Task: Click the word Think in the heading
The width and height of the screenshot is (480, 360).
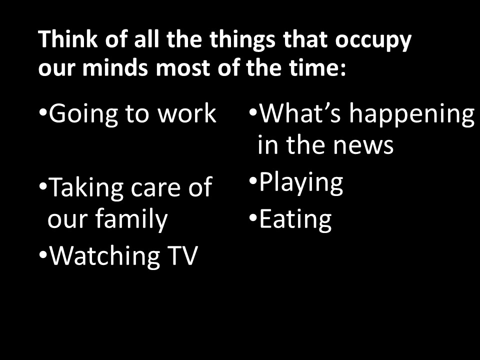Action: pos(68,39)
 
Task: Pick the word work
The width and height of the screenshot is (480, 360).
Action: pos(187,113)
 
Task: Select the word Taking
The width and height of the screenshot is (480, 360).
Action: pos(85,188)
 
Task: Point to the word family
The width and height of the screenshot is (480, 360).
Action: pos(131,219)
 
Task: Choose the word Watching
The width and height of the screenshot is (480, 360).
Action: pos(104,256)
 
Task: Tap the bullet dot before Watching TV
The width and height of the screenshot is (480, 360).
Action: pos(42,254)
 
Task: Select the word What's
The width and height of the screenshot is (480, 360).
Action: pos(300,113)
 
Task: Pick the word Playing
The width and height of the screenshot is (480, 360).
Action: pos(301,183)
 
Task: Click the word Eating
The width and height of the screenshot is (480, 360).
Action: pos(295,220)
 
